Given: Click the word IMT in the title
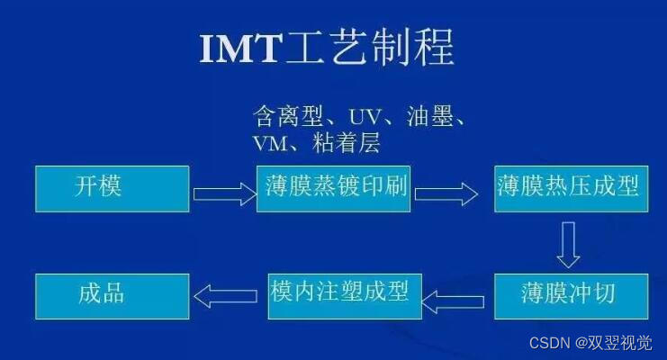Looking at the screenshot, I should click(x=240, y=49).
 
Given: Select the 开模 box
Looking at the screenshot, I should click(x=112, y=188).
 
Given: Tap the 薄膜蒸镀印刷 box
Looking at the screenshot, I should click(x=333, y=188).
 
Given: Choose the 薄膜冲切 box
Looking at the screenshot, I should click(x=570, y=295).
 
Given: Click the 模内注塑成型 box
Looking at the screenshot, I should click(x=345, y=295).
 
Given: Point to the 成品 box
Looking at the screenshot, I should click(x=112, y=295).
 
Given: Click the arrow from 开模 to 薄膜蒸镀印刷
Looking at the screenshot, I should click(x=223, y=192).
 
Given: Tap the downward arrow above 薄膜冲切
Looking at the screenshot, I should click(x=567, y=244).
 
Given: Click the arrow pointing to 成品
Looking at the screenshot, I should click(x=227, y=294).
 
